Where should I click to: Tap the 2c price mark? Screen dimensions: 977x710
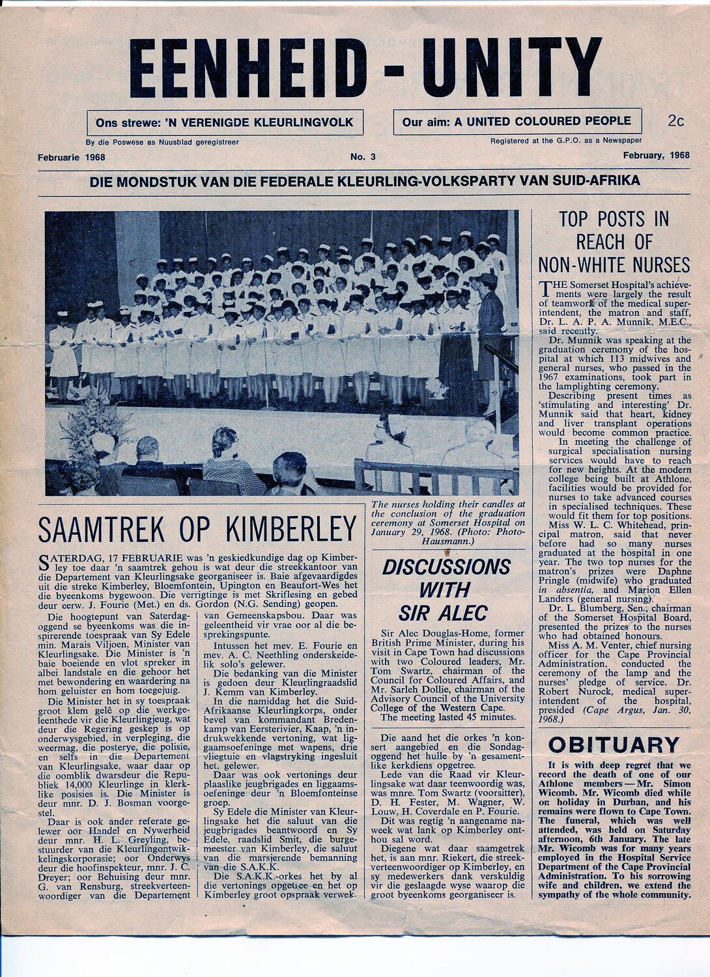[x=675, y=120]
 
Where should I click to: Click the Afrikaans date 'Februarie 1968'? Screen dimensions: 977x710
[x=72, y=157]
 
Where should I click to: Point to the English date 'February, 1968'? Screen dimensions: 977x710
[x=655, y=156]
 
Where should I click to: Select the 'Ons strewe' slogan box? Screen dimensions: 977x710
[x=225, y=122]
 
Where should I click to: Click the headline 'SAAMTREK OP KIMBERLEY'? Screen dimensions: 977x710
[x=197, y=530]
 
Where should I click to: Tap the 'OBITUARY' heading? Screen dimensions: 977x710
[x=614, y=744]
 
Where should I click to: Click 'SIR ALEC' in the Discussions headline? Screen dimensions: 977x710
[x=443, y=613]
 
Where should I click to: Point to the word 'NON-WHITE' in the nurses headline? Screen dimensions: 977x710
[x=614, y=264]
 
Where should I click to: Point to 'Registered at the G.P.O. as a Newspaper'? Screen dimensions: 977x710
[x=566, y=141]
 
